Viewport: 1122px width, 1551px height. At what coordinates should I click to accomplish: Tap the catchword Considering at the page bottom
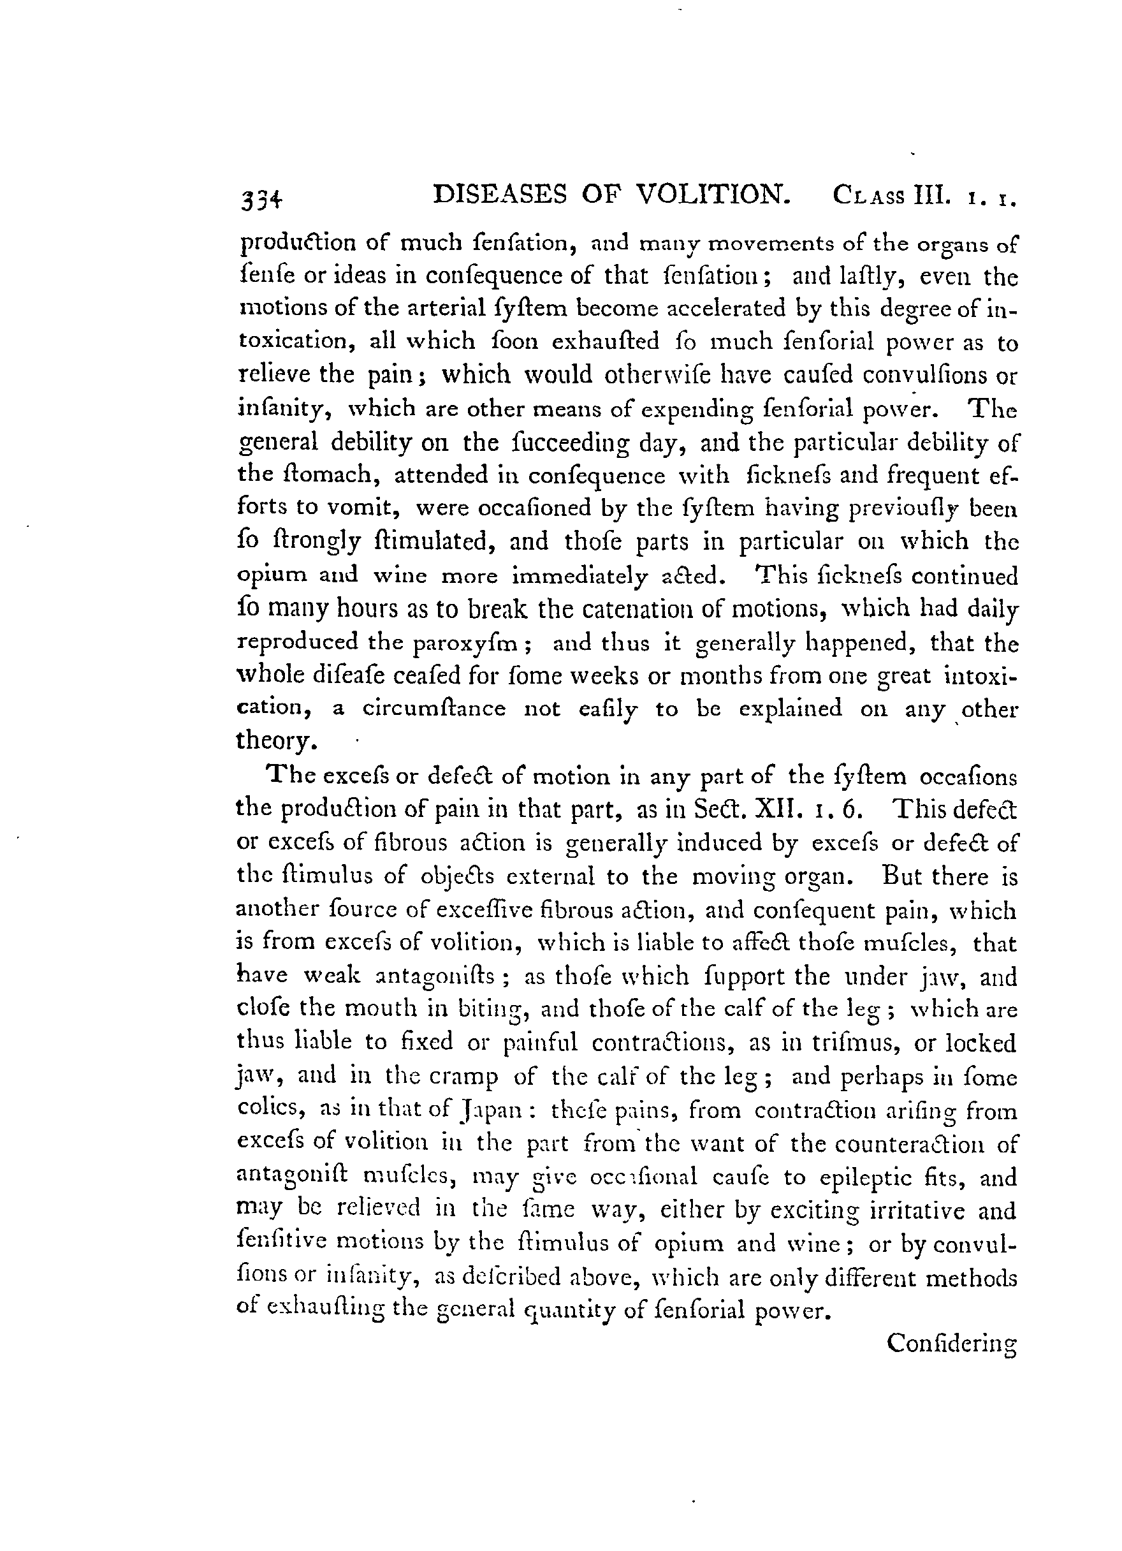pyautogui.click(x=952, y=1343)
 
